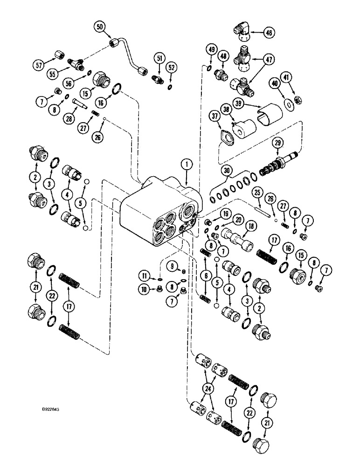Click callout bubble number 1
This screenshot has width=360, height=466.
(187, 164)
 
